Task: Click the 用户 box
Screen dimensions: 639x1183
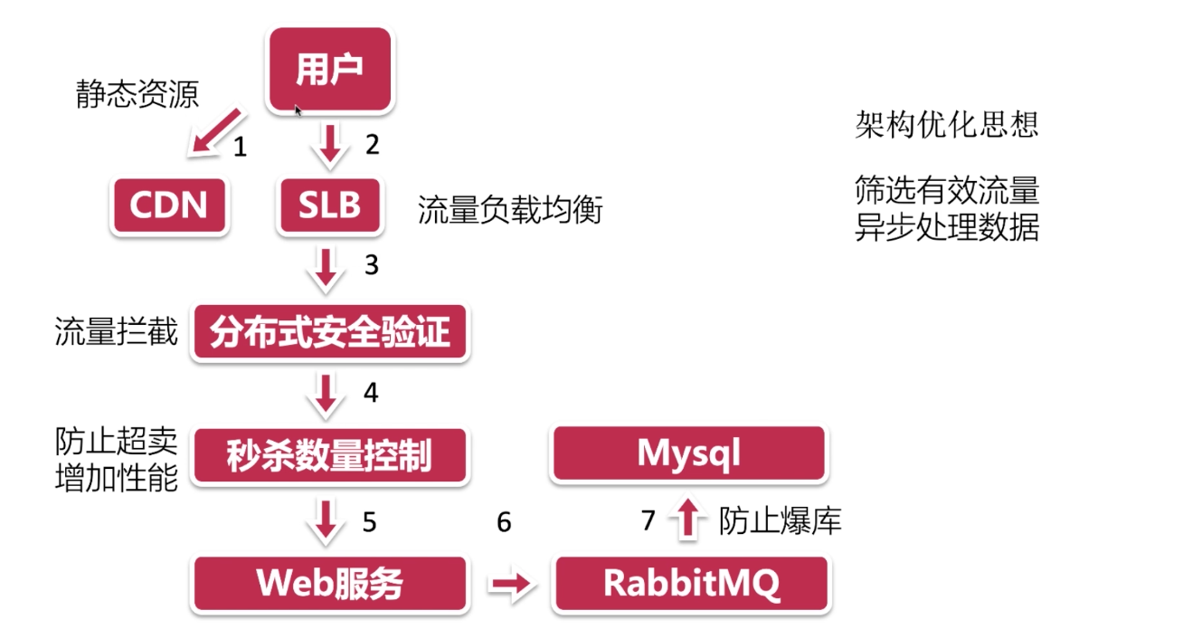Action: [329, 70]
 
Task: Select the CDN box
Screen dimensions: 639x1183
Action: [169, 205]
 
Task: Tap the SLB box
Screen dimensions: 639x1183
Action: [329, 205]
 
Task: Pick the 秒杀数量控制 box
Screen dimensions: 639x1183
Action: [330, 456]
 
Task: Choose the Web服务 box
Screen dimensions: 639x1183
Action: [330, 584]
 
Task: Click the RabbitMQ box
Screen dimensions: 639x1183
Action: [691, 584]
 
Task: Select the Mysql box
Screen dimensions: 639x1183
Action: [688, 453]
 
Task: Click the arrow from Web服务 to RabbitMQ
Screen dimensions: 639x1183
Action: [512, 586]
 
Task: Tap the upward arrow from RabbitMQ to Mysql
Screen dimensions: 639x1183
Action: [688, 520]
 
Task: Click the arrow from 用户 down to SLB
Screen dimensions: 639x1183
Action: [329, 145]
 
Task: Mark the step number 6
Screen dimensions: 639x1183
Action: [504, 522]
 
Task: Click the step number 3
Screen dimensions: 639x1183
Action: [371, 265]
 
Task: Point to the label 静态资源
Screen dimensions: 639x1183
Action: [137, 94]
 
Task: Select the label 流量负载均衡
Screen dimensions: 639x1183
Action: [509, 212]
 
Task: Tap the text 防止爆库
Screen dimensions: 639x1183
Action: [780, 521]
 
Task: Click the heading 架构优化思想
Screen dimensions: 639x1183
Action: [946, 124]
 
